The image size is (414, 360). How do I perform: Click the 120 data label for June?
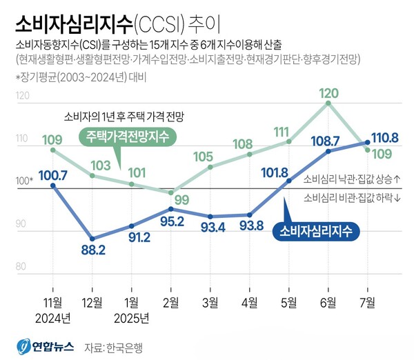click(x=328, y=90)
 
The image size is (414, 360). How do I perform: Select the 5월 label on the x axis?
click(x=288, y=303)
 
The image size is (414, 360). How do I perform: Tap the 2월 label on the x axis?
click(x=170, y=303)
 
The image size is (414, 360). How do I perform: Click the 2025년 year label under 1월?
click(x=132, y=318)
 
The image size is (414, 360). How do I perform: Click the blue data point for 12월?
click(x=92, y=239)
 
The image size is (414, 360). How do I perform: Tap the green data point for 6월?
click(x=328, y=103)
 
